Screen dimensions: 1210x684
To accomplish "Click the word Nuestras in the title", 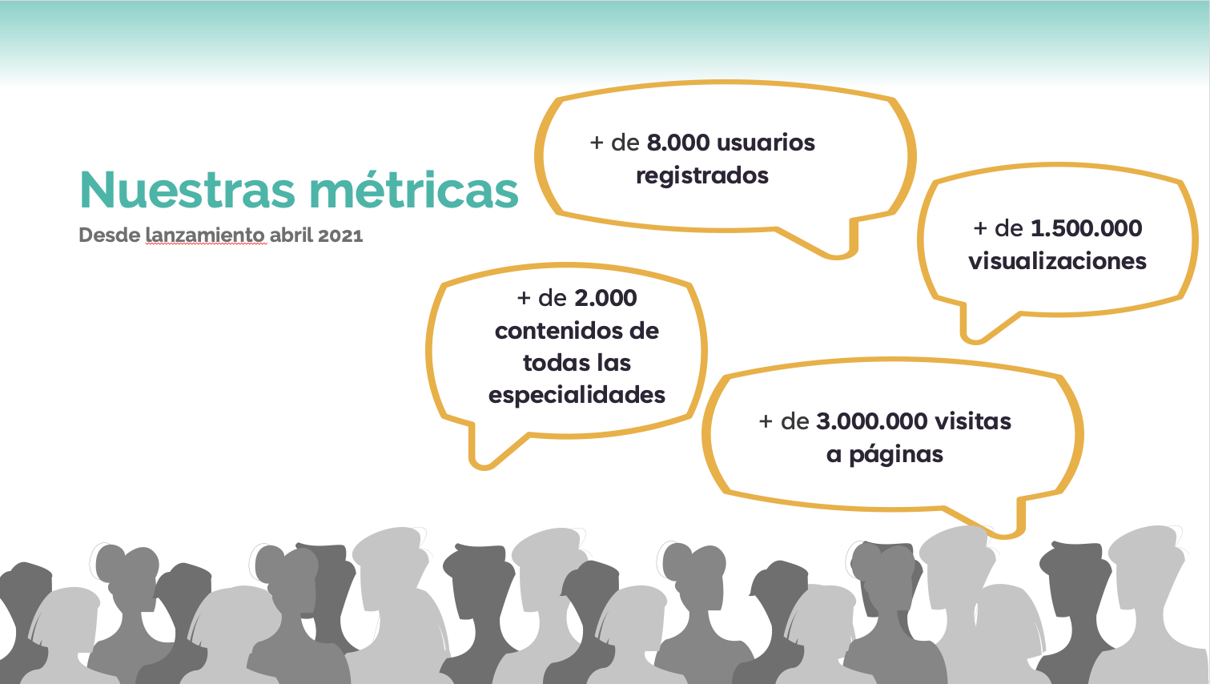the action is [187, 189].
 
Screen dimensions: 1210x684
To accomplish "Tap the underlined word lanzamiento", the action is [205, 235].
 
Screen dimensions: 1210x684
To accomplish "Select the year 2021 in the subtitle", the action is [340, 235].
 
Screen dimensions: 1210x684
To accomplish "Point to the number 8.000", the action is [678, 143].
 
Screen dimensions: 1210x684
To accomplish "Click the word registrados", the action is [702, 176].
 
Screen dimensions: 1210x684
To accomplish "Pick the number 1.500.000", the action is [1087, 228].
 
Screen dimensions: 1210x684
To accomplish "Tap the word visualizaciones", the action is [1057, 261].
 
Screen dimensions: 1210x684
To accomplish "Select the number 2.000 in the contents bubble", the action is [605, 298].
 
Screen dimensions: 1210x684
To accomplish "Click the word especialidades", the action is [577, 396].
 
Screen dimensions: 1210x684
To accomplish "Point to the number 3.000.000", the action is [872, 421].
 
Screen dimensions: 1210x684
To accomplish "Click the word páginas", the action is [896, 455].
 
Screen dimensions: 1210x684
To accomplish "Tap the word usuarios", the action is [766, 143].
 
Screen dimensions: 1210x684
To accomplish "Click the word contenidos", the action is [555, 331].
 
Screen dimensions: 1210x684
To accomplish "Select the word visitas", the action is [973, 421].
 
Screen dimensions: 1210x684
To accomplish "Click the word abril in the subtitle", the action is [291, 235].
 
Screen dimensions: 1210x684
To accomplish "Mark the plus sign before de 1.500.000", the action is [980, 228].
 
